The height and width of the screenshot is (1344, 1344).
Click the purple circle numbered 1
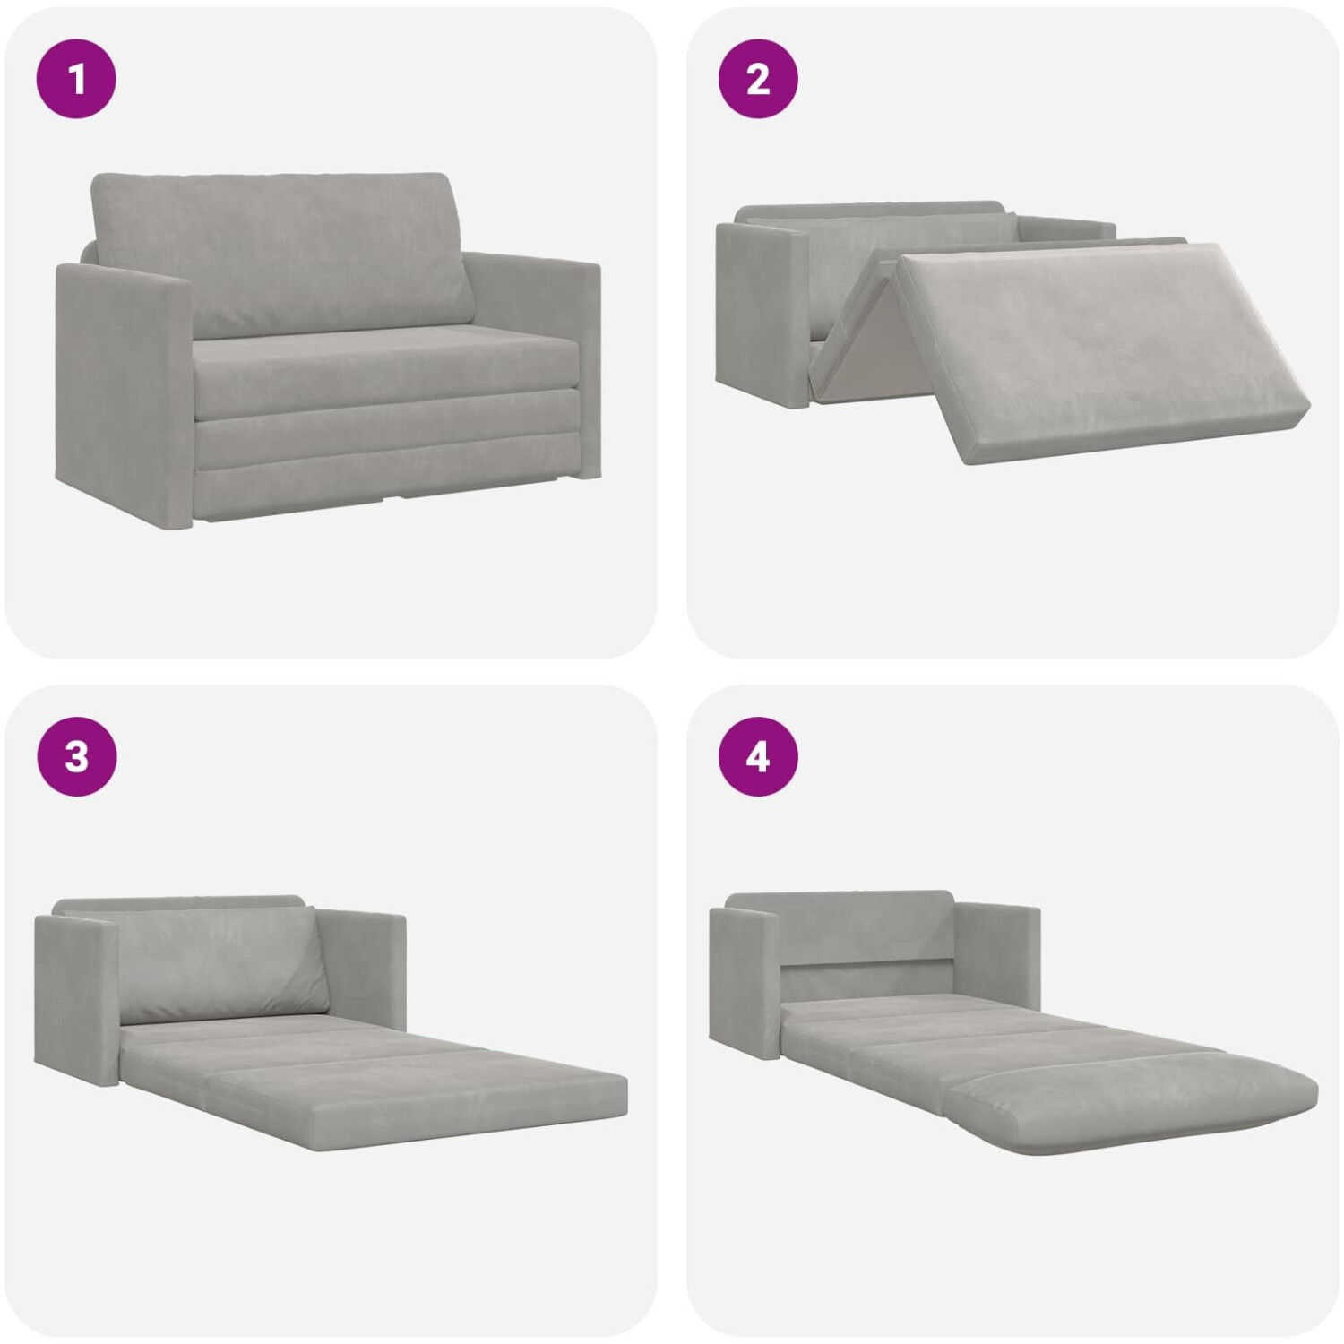[x=76, y=79]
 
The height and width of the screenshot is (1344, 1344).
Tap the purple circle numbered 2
[x=758, y=79]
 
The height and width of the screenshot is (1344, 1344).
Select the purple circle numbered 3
[x=76, y=757]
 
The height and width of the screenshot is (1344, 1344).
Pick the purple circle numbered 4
[x=758, y=757]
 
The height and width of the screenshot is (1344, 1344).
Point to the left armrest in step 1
[x=125, y=394]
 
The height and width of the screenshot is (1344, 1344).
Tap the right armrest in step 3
[x=363, y=972]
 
